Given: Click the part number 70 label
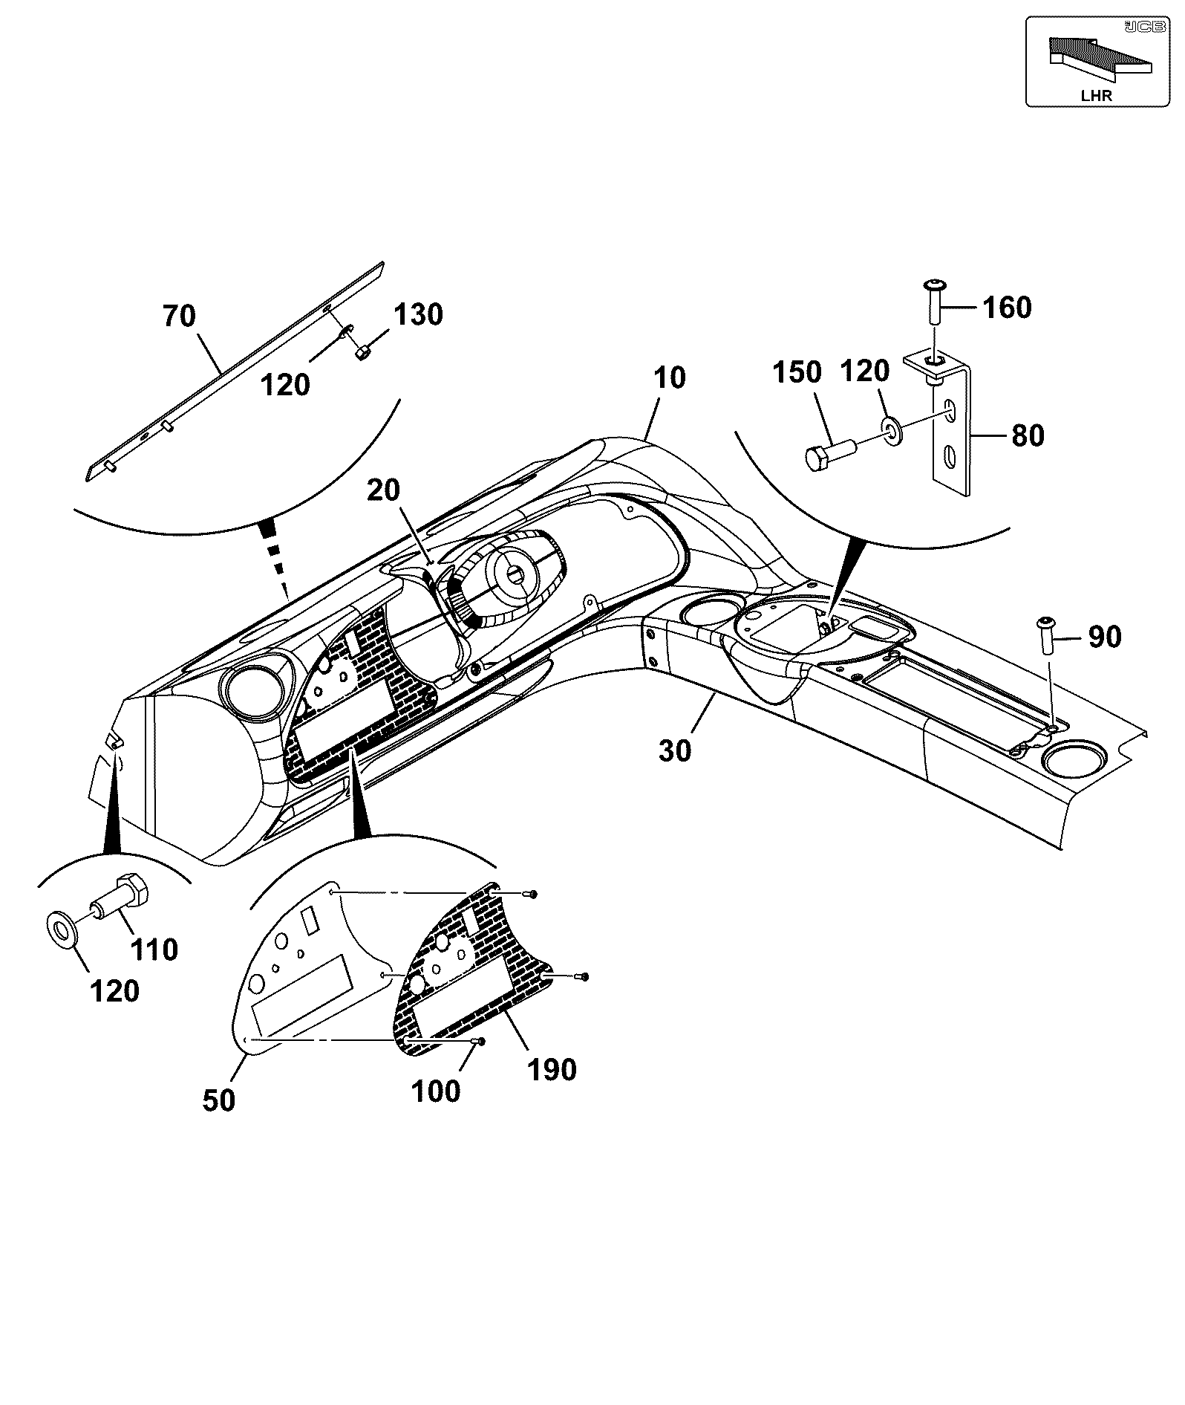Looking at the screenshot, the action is coord(179,317).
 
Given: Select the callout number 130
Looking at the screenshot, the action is coord(419,315).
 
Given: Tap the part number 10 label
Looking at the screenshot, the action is coord(670,378).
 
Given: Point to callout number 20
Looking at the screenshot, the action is coord(384,490).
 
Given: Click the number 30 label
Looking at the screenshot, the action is coord(675,751).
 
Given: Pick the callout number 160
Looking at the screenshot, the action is coord(1007,308).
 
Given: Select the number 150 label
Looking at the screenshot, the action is coord(797,373).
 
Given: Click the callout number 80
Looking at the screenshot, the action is coord(1028,436).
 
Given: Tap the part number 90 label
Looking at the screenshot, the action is coord(1105,637).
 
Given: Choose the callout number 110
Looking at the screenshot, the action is coord(154,950).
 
